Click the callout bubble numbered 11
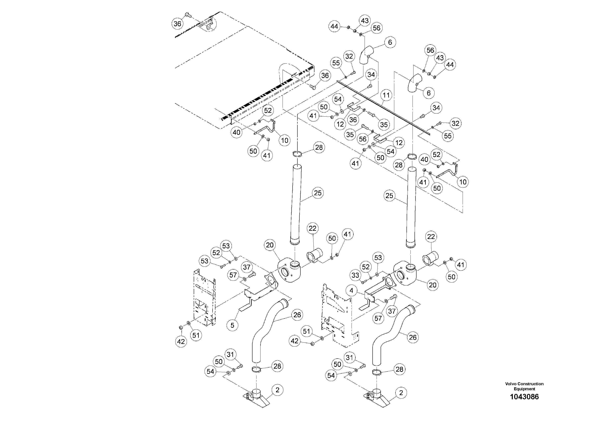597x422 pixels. [x=386, y=95]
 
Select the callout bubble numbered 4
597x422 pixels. [x=352, y=291]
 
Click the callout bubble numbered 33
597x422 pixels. [x=355, y=275]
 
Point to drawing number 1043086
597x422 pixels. [x=524, y=397]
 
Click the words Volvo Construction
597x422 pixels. [x=524, y=384]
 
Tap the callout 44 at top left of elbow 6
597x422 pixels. [x=334, y=26]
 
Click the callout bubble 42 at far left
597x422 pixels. [x=181, y=341]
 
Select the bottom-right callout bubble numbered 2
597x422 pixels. [x=401, y=393]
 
